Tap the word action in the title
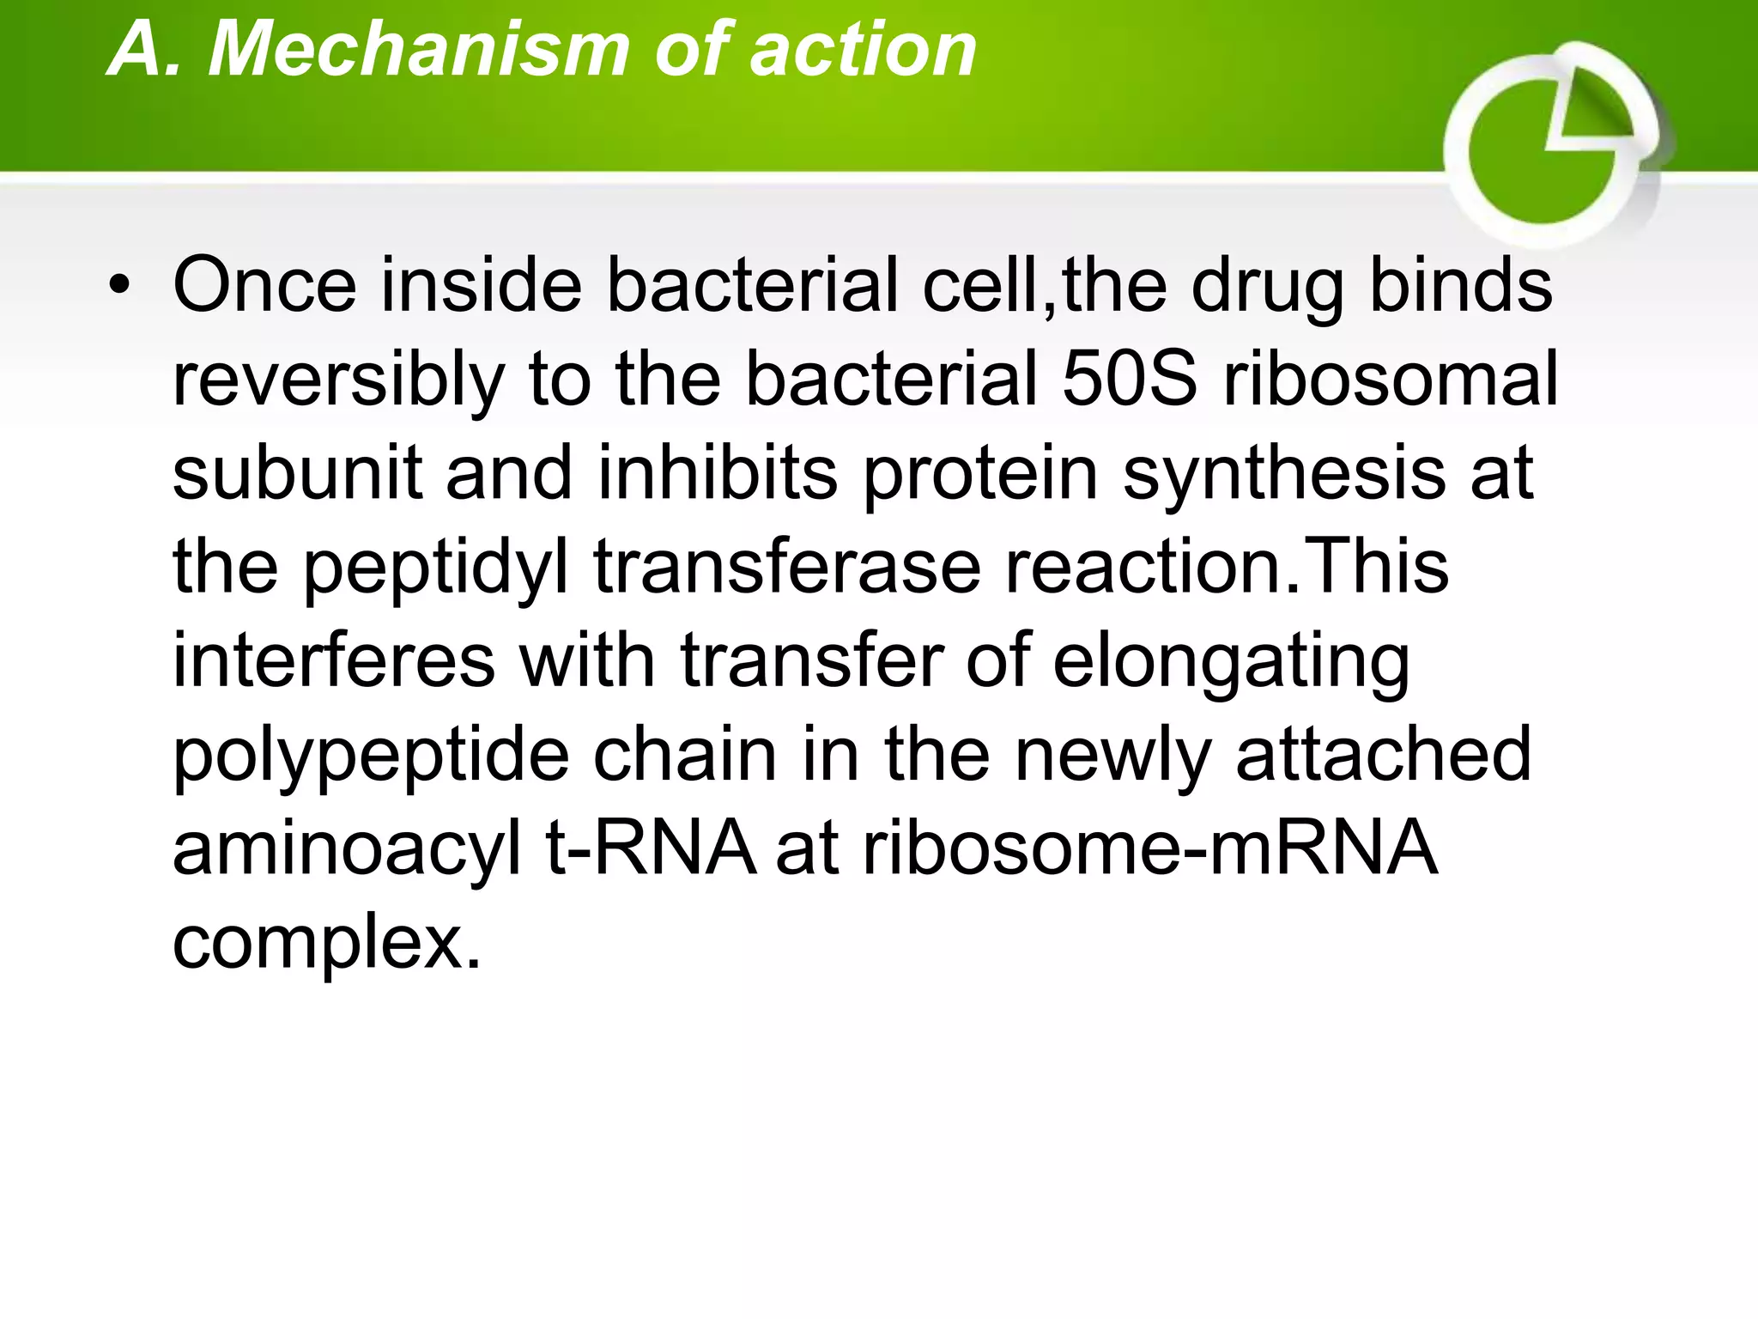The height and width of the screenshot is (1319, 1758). click(x=864, y=50)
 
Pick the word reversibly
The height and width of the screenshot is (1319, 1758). click(x=339, y=380)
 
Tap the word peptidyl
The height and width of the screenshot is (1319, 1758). click(x=436, y=568)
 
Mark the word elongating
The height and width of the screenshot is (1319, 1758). click(x=1231, y=663)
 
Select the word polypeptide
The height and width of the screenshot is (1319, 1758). click(x=371, y=757)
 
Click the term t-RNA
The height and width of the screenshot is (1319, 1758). click(x=652, y=848)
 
